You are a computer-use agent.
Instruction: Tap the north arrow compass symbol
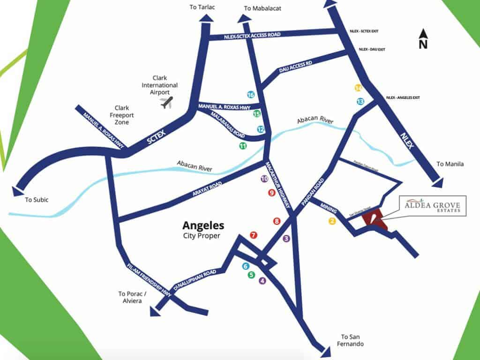pos(423,39)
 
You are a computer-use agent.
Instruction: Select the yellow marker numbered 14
pos(359,88)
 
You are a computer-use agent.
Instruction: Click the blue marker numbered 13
pos(360,101)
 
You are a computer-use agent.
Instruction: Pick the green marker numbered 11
pos(242,146)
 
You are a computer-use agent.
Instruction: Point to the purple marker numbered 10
pos(264,179)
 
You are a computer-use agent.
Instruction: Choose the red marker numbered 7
pos(254,235)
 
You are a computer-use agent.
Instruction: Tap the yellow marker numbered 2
pos(332,221)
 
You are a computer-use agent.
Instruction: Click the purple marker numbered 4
pos(262,281)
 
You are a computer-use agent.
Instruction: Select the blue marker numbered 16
pos(251,95)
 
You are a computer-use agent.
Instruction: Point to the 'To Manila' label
pos(450,164)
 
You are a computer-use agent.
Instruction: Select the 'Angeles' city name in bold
pos(203,225)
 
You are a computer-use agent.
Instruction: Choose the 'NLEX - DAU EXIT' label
pos(372,49)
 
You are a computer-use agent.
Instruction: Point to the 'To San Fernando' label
pos(352,340)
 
